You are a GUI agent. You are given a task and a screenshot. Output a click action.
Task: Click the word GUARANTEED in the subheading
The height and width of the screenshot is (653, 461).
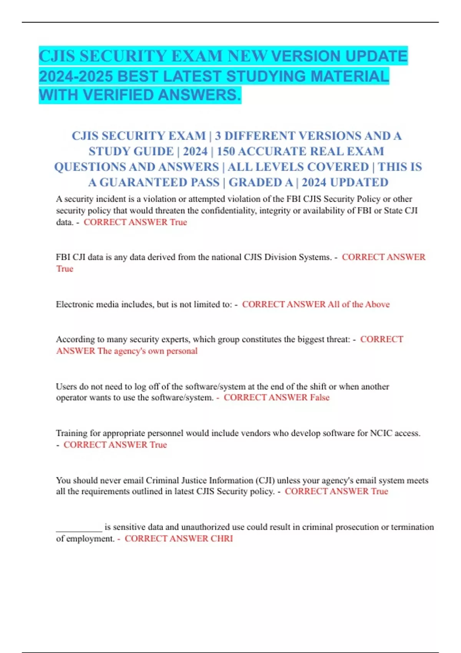coord(159,182)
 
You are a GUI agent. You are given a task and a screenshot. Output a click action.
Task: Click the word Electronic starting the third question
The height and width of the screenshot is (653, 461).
coord(75,304)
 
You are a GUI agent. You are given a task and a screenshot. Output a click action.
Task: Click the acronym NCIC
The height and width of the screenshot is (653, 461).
coord(381,433)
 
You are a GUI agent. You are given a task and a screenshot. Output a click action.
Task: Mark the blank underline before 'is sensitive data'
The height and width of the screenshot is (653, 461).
coord(79,529)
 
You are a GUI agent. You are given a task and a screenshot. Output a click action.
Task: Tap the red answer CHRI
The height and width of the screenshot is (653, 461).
coord(222,539)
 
